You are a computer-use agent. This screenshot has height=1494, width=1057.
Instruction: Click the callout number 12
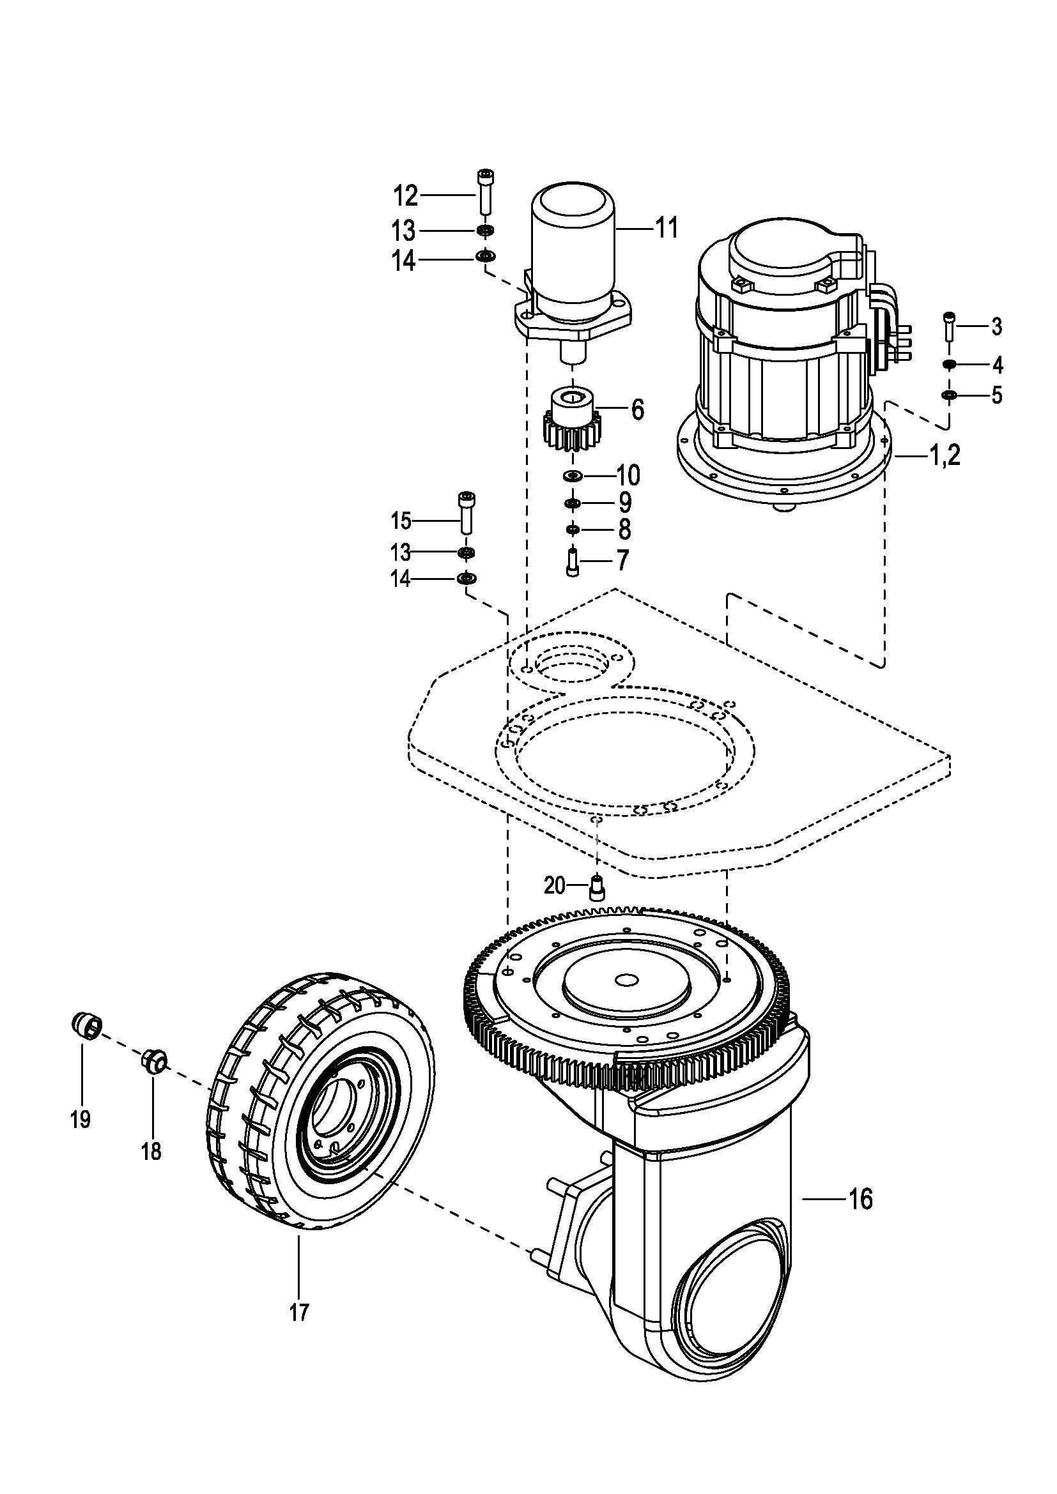tap(406, 195)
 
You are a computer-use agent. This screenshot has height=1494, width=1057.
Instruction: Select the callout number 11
tap(666, 228)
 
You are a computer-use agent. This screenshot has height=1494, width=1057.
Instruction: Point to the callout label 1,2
tap(945, 456)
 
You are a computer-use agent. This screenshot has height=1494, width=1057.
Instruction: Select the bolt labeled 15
tap(466, 514)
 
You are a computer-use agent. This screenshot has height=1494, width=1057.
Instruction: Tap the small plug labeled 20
tap(597, 888)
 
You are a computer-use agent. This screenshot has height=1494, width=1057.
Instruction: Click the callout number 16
tap(861, 1198)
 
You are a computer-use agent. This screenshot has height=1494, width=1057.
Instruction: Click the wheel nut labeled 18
tap(154, 1062)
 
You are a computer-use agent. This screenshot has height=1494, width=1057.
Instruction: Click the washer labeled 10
tap(573, 476)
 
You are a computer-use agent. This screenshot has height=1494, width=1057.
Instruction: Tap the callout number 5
tap(996, 395)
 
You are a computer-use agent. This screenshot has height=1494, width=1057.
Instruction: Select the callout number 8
tap(625, 530)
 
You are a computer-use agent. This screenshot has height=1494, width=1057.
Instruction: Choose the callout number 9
tap(625, 502)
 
